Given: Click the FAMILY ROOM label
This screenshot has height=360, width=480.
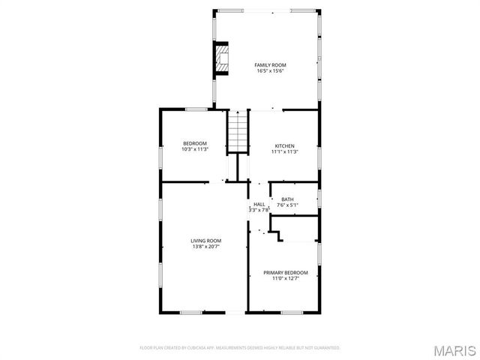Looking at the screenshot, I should point(271,65).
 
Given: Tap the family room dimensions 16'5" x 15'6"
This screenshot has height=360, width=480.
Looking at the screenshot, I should point(271,71).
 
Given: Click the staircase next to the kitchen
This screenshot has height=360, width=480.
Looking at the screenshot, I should point(237,131).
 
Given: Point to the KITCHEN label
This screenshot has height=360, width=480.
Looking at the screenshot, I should point(284,145).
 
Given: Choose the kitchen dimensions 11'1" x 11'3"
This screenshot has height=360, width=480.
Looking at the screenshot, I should point(284,151).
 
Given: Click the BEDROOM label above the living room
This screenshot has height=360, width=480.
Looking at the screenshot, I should point(195,143).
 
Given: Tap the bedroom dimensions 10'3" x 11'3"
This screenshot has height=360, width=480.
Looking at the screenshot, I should point(195,149).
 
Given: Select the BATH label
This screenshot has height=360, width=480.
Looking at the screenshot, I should point(287,199).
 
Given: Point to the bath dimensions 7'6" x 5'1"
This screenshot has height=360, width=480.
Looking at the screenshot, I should point(287,205).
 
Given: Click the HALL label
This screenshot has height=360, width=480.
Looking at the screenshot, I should point(259,204).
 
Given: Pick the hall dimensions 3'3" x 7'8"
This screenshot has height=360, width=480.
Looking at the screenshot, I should point(259,210).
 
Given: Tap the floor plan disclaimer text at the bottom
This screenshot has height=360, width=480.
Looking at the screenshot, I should point(240,348).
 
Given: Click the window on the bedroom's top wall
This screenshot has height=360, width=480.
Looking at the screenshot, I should point(196,109).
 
